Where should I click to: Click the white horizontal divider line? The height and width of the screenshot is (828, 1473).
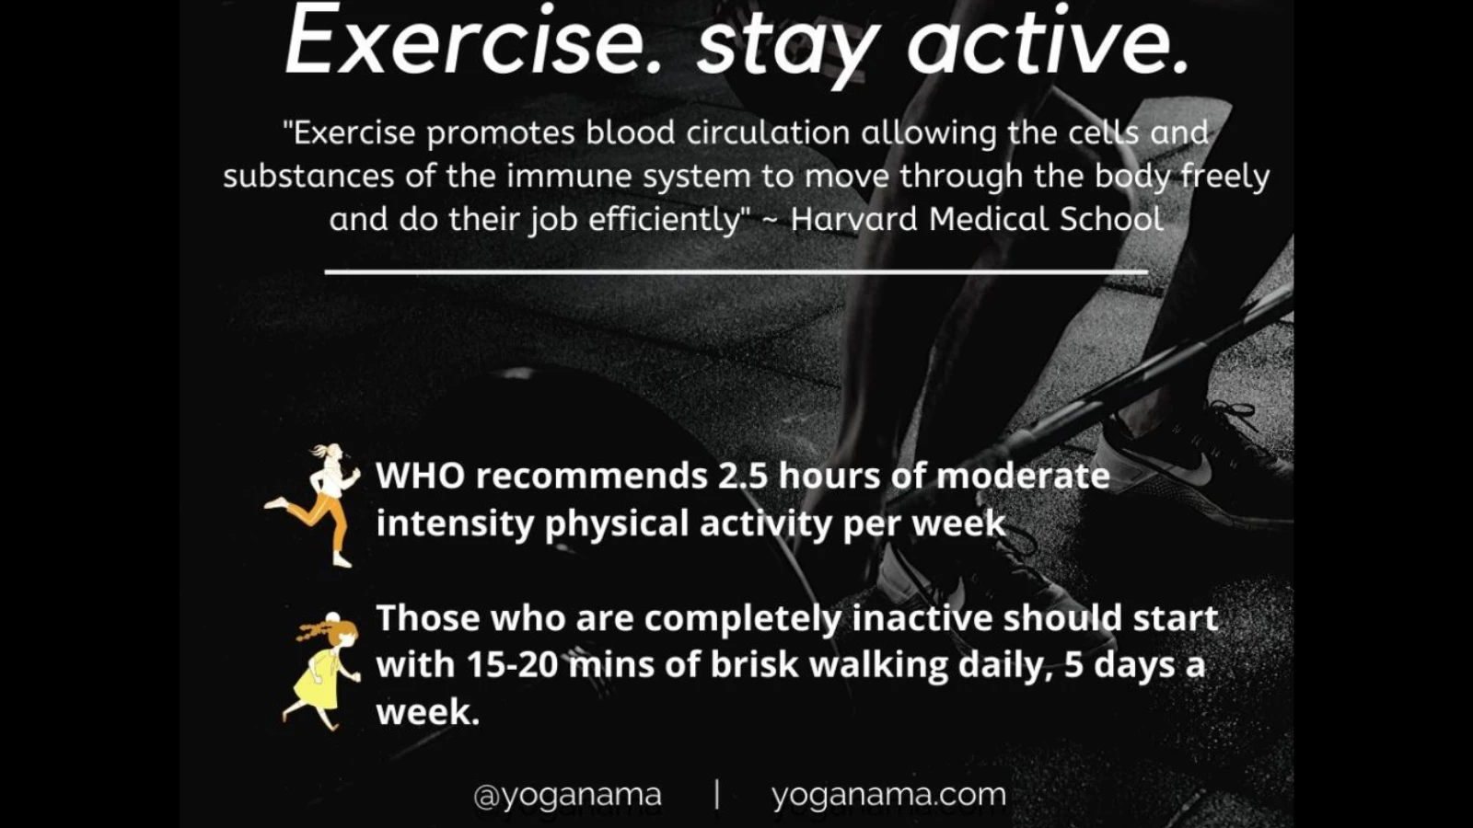[736, 270]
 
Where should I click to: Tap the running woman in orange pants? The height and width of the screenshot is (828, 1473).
[313, 505]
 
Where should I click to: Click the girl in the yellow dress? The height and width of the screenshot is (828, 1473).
[322, 671]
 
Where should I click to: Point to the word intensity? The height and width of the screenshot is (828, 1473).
[455, 523]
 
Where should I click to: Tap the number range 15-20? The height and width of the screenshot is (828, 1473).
[513, 665]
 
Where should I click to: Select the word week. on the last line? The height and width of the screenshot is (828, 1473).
[428, 712]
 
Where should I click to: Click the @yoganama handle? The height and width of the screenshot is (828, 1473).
[567, 795]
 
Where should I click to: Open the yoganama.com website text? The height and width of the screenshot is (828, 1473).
[889, 795]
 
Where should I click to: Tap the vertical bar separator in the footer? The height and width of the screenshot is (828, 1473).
[717, 794]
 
